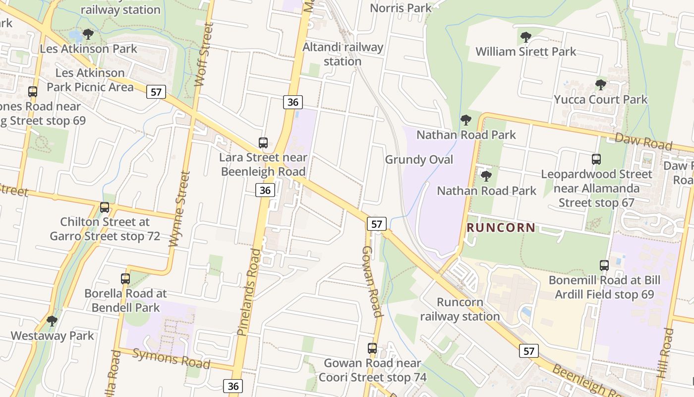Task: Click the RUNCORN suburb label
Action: click(501, 228)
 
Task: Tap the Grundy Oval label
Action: click(419, 160)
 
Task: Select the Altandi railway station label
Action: click(343, 54)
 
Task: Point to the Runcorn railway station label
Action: click(460, 309)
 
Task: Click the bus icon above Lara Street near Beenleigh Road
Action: click(263, 143)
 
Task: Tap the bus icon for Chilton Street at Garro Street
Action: click(105, 207)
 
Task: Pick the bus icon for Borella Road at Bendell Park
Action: click(125, 279)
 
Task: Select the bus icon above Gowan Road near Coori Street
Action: click(372, 348)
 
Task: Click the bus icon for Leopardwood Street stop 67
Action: click(596, 159)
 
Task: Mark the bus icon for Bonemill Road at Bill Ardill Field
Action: click(604, 265)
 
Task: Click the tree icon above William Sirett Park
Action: click(525, 37)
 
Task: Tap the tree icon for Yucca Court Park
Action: click(600, 85)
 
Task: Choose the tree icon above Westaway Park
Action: click(52, 321)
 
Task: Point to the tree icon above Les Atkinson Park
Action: click(88, 34)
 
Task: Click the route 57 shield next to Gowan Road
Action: click(377, 224)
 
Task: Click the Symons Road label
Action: click(171, 358)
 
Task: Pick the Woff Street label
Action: click(204, 55)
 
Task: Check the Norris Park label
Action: click(401, 8)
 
